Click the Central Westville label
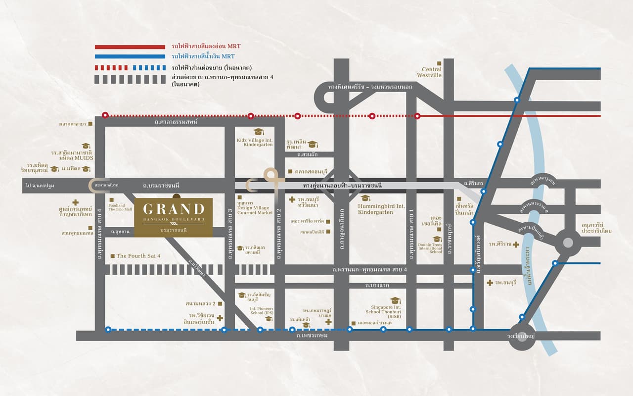coord(431,73)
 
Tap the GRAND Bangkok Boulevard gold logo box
coord(173,217)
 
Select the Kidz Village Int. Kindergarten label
coord(255,142)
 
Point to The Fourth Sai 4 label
coord(138,256)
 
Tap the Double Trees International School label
coord(429,248)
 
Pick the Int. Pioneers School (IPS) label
coord(262,310)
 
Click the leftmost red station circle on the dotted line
coord(105,115)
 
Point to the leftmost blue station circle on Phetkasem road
coord(108,329)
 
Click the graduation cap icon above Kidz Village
coord(258,132)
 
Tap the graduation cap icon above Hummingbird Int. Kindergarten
coord(365,198)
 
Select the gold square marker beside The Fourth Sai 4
coord(112,256)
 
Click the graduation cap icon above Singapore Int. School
coord(395,300)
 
